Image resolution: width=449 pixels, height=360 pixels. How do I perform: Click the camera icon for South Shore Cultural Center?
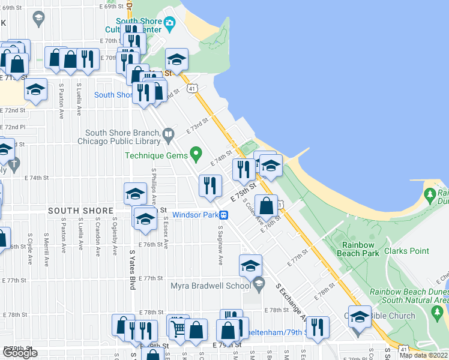[170, 24]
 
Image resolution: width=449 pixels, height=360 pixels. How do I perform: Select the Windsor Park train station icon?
[223, 214]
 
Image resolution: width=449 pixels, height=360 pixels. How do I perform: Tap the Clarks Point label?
[411, 251]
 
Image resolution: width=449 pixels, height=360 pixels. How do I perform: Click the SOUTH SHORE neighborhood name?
[80, 211]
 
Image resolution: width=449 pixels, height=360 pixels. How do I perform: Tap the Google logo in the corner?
[20, 353]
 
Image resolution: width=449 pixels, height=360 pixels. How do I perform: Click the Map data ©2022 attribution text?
[423, 355]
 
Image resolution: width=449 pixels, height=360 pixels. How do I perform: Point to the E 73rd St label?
[196, 125]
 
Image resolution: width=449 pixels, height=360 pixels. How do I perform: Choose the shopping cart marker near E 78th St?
[178, 327]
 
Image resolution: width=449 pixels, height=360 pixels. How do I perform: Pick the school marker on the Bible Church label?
[360, 317]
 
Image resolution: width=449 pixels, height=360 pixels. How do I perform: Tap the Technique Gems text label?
[155, 155]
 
